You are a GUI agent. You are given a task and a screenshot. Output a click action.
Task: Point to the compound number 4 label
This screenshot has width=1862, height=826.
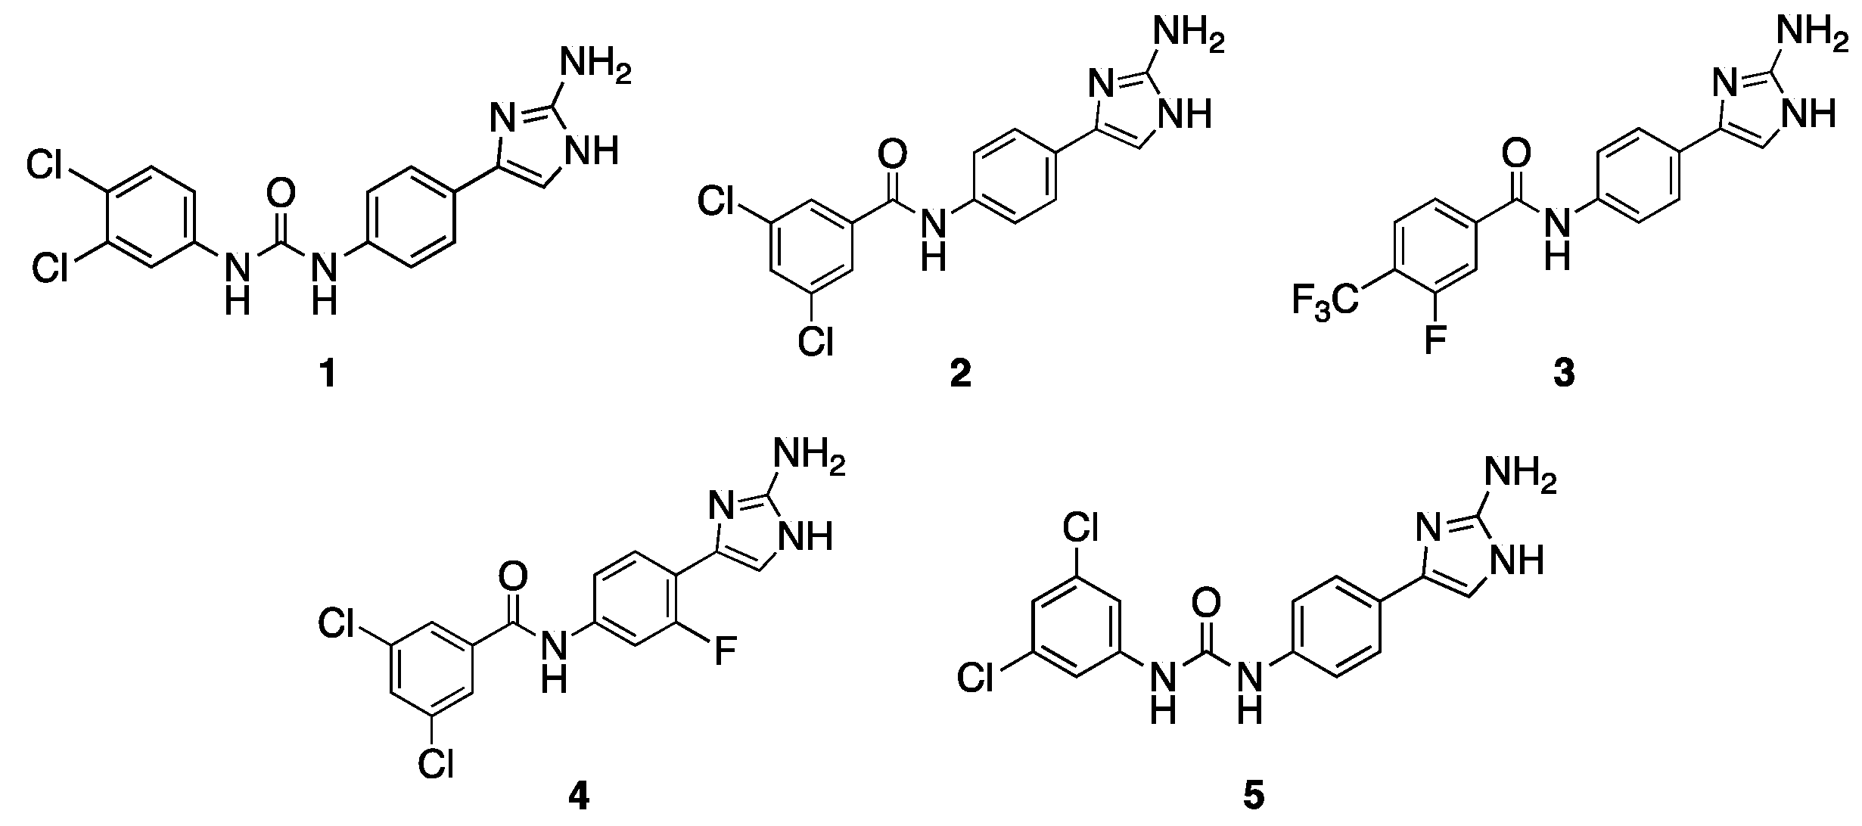tap(578, 798)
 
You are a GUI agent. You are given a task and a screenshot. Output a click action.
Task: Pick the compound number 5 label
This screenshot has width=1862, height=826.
tap(1253, 798)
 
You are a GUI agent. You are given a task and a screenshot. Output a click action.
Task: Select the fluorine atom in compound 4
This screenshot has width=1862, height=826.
tap(725, 652)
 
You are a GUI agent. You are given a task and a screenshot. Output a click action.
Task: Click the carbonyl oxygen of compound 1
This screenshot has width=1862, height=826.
tap(281, 195)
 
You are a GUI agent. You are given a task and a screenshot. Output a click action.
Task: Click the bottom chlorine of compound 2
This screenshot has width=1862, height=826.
tap(815, 343)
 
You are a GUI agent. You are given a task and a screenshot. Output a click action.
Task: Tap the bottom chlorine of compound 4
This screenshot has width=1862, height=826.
tap(437, 765)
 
